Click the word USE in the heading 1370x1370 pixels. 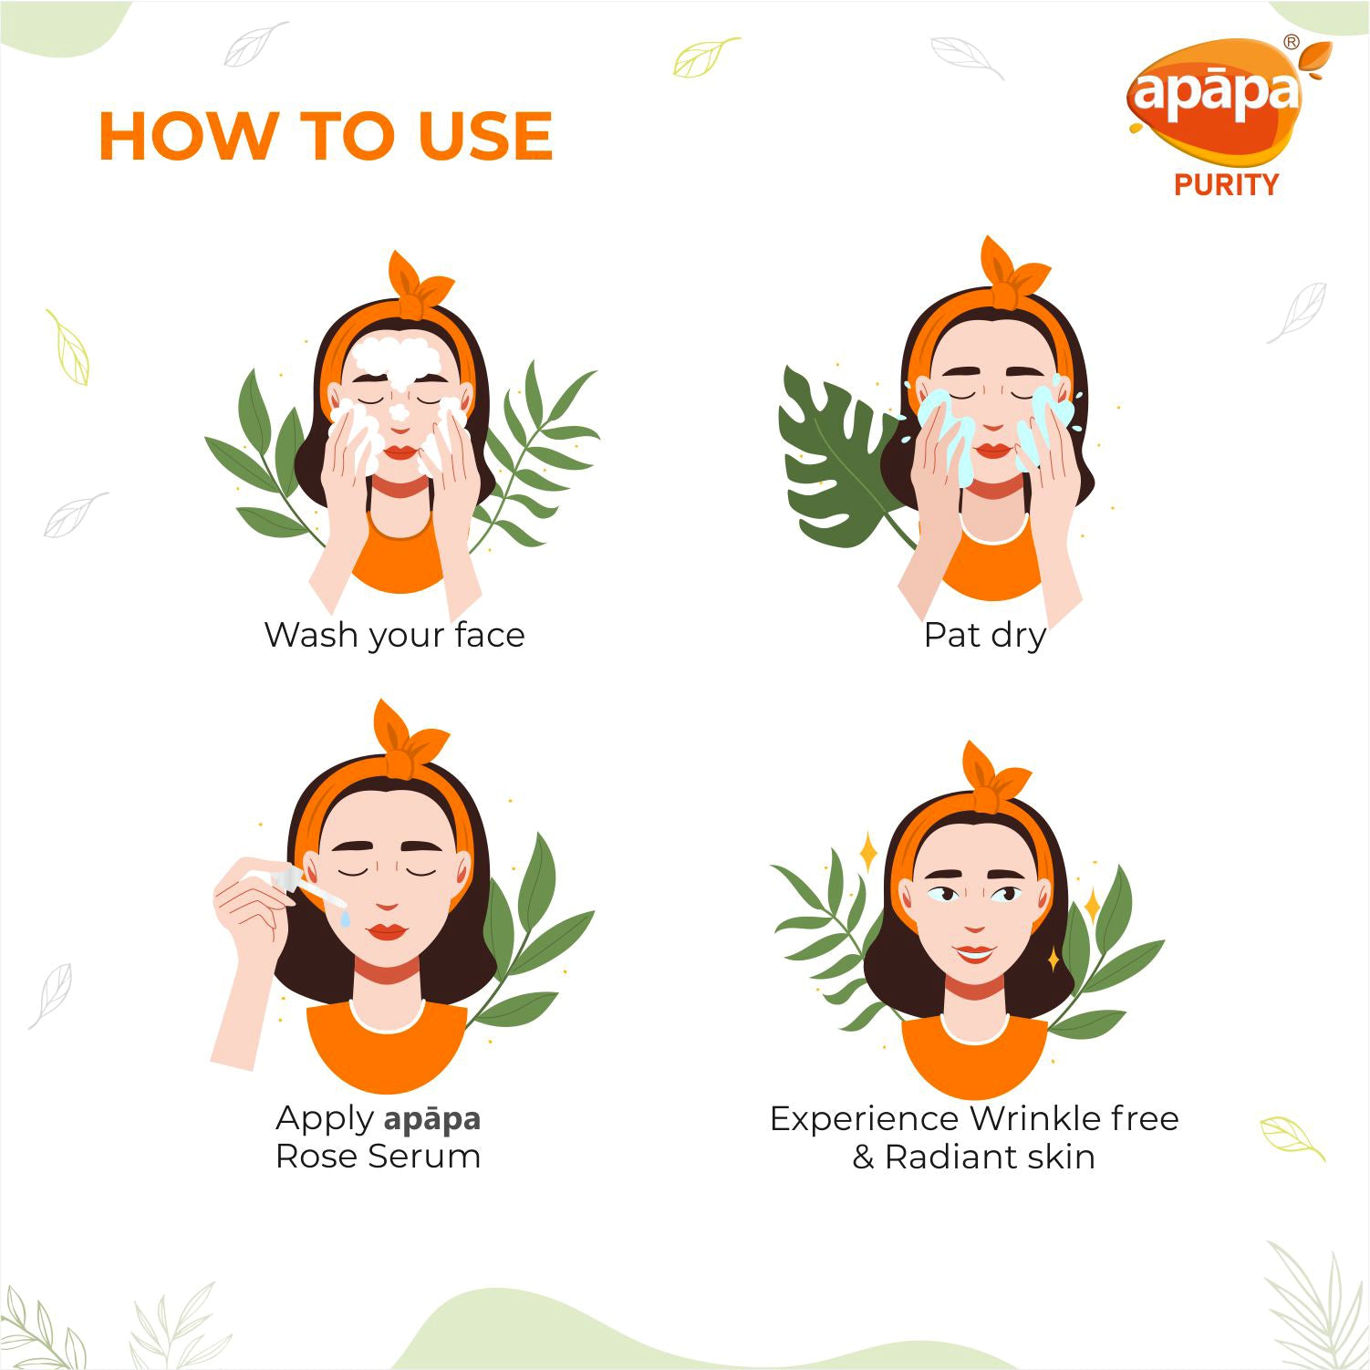click(485, 136)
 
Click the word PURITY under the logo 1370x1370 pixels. click(1226, 185)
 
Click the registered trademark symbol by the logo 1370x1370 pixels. click(1291, 42)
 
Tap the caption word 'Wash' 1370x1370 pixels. click(310, 634)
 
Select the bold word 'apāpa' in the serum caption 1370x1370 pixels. click(432, 1119)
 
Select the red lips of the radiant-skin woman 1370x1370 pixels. click(974, 953)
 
